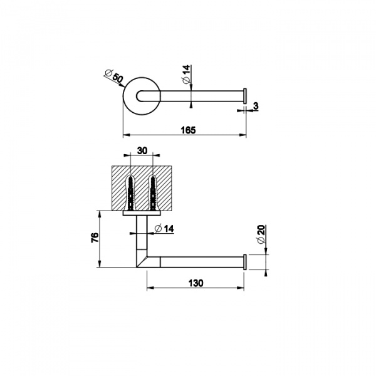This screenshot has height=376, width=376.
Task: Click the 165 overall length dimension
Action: [188, 130]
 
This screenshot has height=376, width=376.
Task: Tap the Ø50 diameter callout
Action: [115, 76]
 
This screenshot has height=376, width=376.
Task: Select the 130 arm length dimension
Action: [196, 283]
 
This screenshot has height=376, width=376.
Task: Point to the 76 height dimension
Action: [95, 238]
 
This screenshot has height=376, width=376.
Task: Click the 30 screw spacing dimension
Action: [142, 151]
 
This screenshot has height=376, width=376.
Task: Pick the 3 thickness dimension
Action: [256, 106]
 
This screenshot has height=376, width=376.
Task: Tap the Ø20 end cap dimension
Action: [261, 234]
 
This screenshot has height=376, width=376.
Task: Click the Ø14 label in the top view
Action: [186, 74]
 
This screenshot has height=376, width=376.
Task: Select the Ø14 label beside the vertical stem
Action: [164, 229]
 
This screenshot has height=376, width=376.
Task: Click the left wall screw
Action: [130, 193]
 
